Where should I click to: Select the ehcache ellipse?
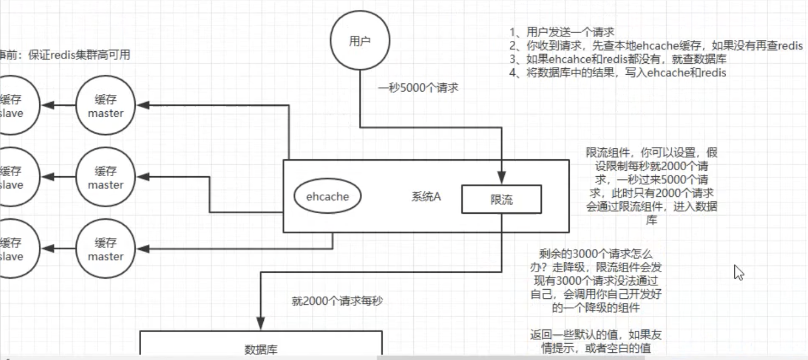point(327,197)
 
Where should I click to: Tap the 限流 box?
point(502,200)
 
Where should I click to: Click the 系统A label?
point(426,197)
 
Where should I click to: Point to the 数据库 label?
point(261,349)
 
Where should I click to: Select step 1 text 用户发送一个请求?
point(562,32)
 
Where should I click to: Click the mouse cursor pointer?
point(739,272)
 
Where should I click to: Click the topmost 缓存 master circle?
point(106,106)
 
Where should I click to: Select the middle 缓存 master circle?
point(106,178)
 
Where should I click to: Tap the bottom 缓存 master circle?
point(106,249)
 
